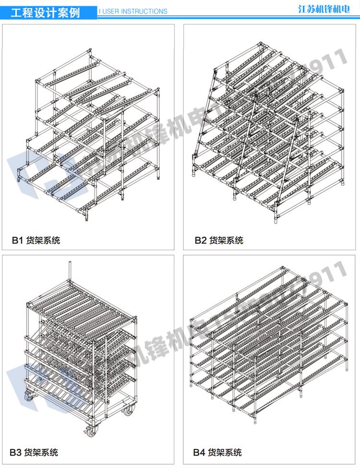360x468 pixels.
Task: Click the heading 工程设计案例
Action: pos(45,12)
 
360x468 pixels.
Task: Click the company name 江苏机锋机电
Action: pos(324,9)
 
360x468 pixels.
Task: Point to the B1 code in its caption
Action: pos(17,240)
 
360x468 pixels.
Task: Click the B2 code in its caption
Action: pos(200,240)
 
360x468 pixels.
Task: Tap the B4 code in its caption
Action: pos(199,452)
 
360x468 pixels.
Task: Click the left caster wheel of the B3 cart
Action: pos(29,398)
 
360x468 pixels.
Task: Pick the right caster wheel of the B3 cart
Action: pos(130,410)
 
